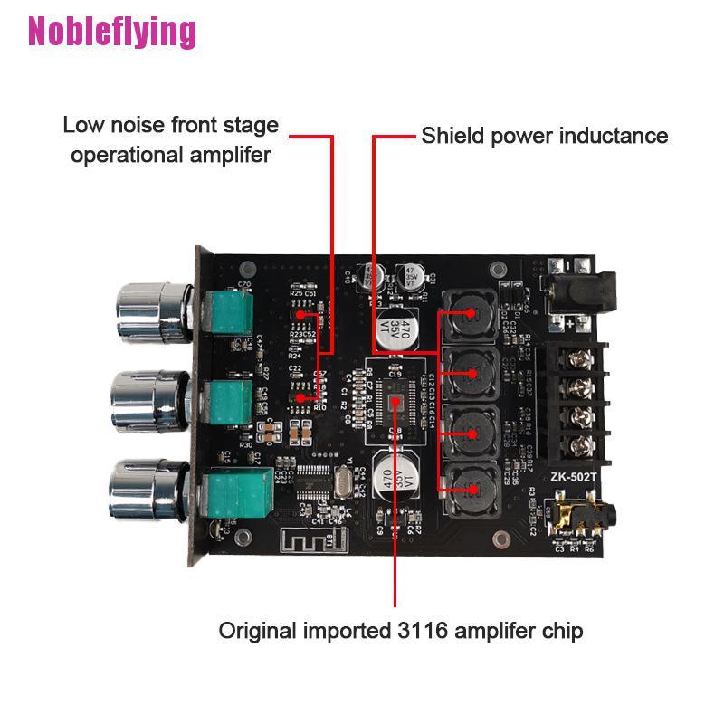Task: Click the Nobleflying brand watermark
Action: [112, 32]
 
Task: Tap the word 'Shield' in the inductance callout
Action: [452, 136]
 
